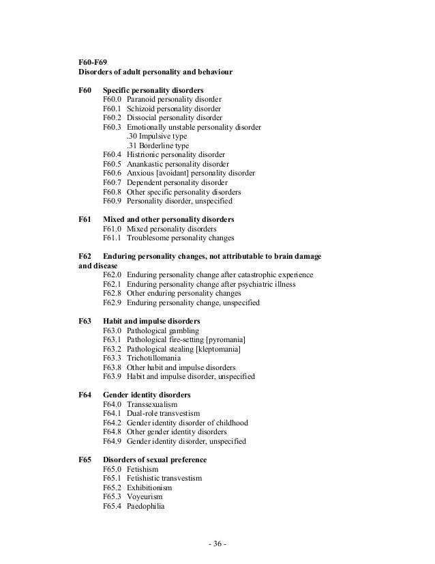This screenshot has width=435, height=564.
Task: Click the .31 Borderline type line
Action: tap(158, 145)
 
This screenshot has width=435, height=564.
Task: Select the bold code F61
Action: tap(85, 220)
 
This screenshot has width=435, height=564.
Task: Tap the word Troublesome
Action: tap(151, 238)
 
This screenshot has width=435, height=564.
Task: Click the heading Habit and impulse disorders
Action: tap(151, 321)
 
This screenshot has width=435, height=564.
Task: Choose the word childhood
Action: tap(230, 423)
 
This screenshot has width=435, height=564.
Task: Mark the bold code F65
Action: tap(85, 460)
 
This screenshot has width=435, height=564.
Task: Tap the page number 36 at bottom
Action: tap(218, 544)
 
